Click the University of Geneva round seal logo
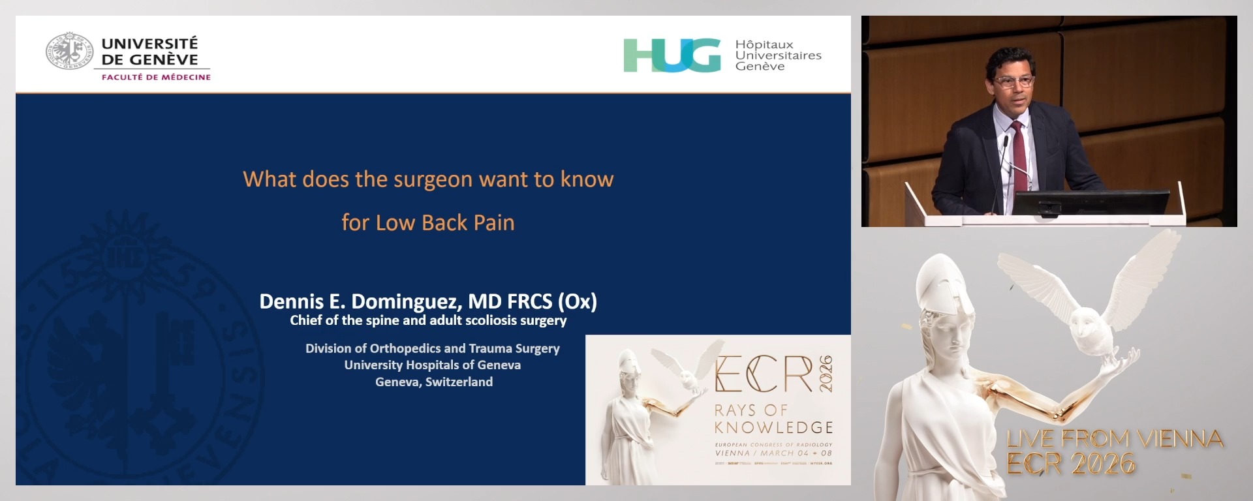point(69,51)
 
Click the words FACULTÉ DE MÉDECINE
point(156,77)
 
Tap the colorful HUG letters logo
point(672,55)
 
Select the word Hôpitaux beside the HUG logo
point(764,44)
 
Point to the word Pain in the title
point(494,223)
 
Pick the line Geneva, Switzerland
point(433,382)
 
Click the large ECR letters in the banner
point(764,374)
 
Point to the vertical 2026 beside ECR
point(826,374)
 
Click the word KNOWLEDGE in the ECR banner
point(773,428)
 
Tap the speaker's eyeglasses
point(1013,82)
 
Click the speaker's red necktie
point(1019,157)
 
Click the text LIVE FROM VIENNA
point(1115,438)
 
